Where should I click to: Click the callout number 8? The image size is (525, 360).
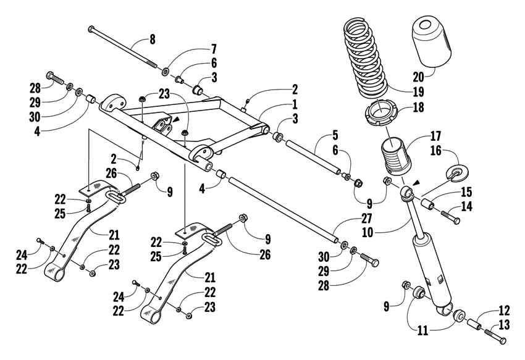pos(153,40)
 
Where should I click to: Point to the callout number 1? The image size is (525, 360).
pos(295,104)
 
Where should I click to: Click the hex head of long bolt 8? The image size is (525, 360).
pos(91,28)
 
